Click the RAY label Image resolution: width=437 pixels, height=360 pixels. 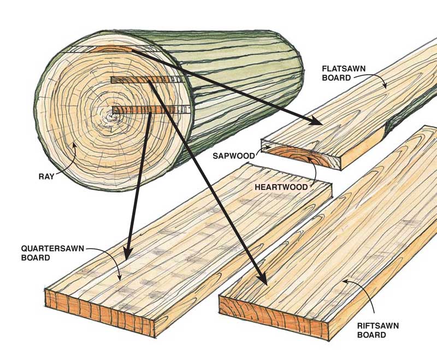point(46,176)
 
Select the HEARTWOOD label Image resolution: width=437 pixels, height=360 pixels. point(286,187)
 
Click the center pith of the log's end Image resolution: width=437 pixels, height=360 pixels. point(114,113)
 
